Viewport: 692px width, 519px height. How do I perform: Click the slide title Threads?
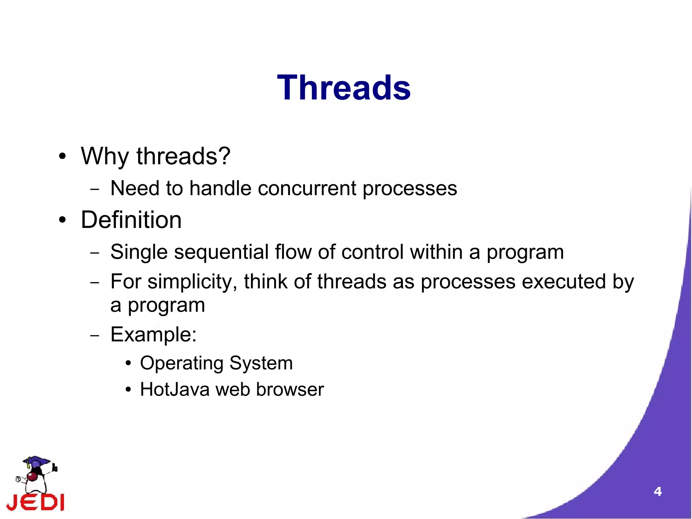click(344, 88)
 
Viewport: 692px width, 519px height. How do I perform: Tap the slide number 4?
click(658, 491)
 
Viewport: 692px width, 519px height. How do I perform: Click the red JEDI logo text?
click(35, 502)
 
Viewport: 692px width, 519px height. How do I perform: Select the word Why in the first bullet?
click(105, 156)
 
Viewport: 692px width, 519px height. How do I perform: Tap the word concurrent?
click(307, 188)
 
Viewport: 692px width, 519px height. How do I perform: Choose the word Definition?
click(131, 220)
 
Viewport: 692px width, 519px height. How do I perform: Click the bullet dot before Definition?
click(62, 220)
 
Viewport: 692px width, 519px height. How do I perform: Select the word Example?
click(151, 334)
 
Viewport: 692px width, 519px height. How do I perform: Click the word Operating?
click(182, 363)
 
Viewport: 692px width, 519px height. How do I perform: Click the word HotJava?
click(175, 390)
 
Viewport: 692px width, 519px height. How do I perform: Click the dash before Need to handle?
click(95, 189)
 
